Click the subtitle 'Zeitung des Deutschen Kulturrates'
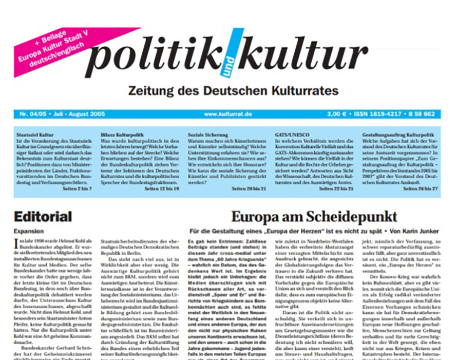[x=225, y=91]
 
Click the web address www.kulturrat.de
[x=227, y=114]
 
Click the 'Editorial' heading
[x=43, y=217]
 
